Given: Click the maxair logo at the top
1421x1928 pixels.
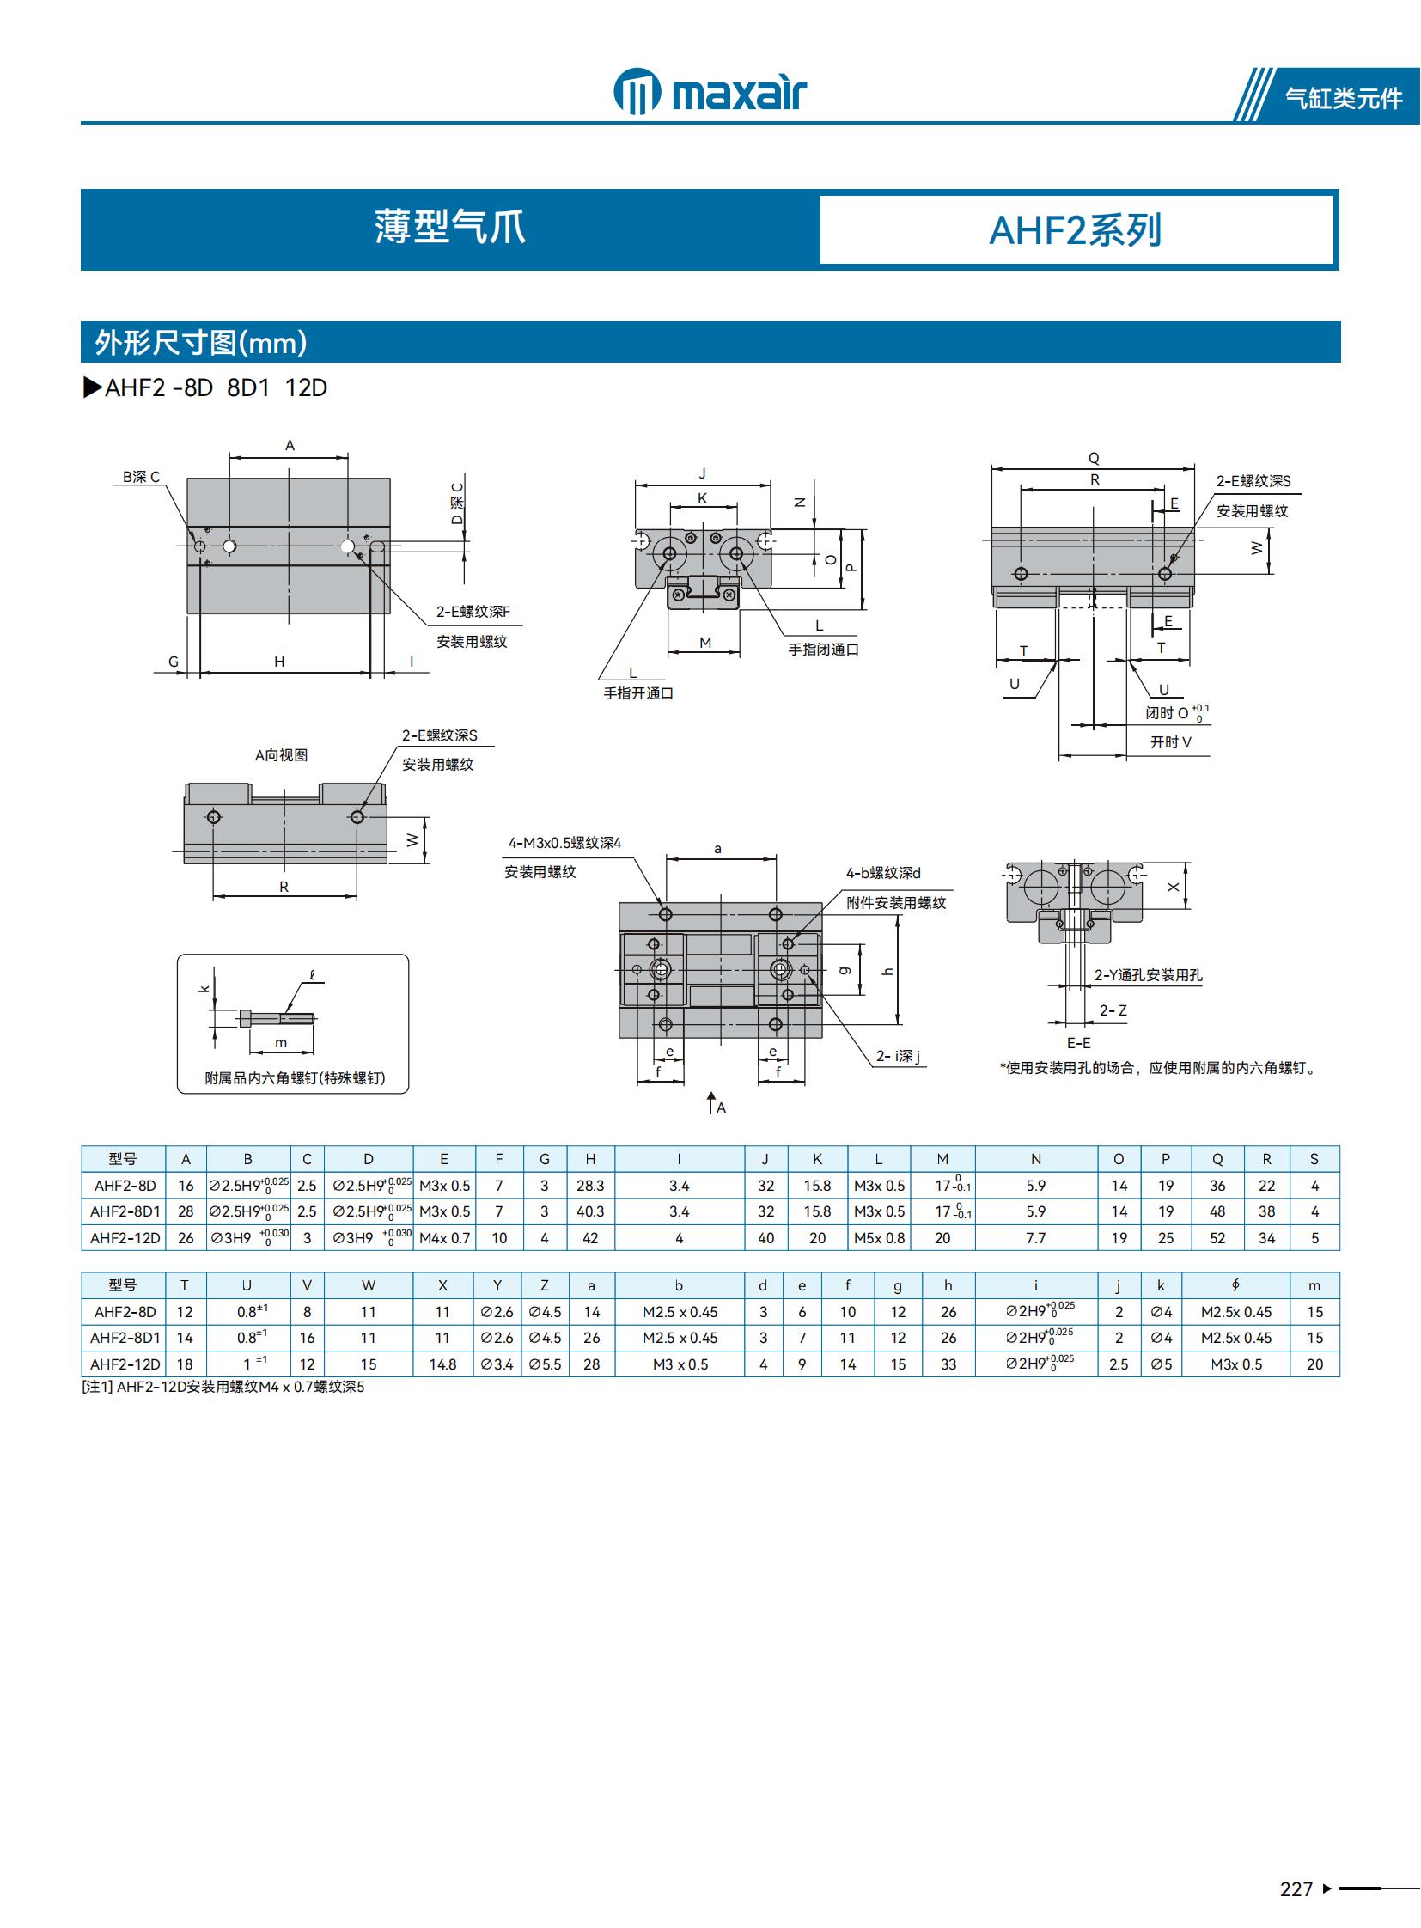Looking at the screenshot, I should click(710, 91).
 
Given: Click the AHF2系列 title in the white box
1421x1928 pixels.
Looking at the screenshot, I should click(1076, 230).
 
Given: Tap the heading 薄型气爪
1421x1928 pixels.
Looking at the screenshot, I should click(449, 228).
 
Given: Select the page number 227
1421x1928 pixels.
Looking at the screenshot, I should click(1296, 1888).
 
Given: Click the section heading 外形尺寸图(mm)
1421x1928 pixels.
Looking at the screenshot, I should click(200, 343).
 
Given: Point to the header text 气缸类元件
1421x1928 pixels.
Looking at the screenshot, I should click(1343, 98).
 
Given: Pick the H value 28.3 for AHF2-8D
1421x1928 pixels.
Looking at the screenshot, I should click(590, 1186).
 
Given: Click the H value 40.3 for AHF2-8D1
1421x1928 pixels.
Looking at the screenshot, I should click(590, 1211).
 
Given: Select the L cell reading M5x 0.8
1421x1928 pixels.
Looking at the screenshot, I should click(879, 1238).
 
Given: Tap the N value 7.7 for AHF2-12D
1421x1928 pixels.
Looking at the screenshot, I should click(1035, 1238).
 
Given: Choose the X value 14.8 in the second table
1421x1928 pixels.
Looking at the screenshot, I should click(442, 1364).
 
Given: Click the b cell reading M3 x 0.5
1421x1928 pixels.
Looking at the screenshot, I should click(680, 1364).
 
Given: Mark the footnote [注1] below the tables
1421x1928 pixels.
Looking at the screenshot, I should click(223, 1387).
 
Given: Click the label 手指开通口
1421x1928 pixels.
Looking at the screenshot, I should click(638, 693).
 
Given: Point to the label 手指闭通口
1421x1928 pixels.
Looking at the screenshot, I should click(823, 650).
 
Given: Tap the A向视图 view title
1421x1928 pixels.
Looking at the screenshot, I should click(281, 755).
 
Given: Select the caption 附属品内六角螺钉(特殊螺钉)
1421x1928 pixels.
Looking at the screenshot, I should click(294, 1078).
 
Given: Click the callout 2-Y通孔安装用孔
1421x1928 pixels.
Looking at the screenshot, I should click(1148, 975).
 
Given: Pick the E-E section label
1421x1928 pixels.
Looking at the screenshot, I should click(1079, 1043).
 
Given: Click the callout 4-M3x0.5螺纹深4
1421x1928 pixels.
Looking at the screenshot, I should click(564, 843).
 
